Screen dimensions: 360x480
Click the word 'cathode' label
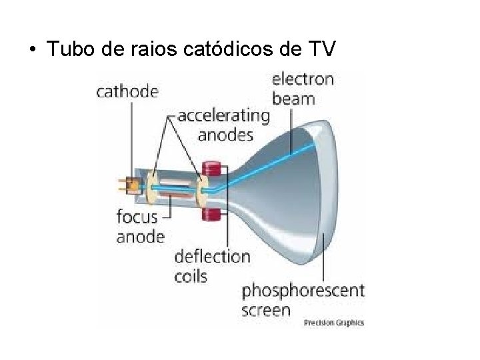(128, 92)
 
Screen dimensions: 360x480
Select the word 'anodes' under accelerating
(226, 135)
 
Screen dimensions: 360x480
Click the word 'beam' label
(294, 99)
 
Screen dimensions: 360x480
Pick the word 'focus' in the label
(137, 217)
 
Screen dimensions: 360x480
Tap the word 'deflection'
(212, 257)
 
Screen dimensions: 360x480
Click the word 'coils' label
(191, 275)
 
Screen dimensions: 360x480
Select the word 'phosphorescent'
(303, 291)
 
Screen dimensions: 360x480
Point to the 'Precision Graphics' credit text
(334, 323)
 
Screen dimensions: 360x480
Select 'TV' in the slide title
(328, 50)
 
